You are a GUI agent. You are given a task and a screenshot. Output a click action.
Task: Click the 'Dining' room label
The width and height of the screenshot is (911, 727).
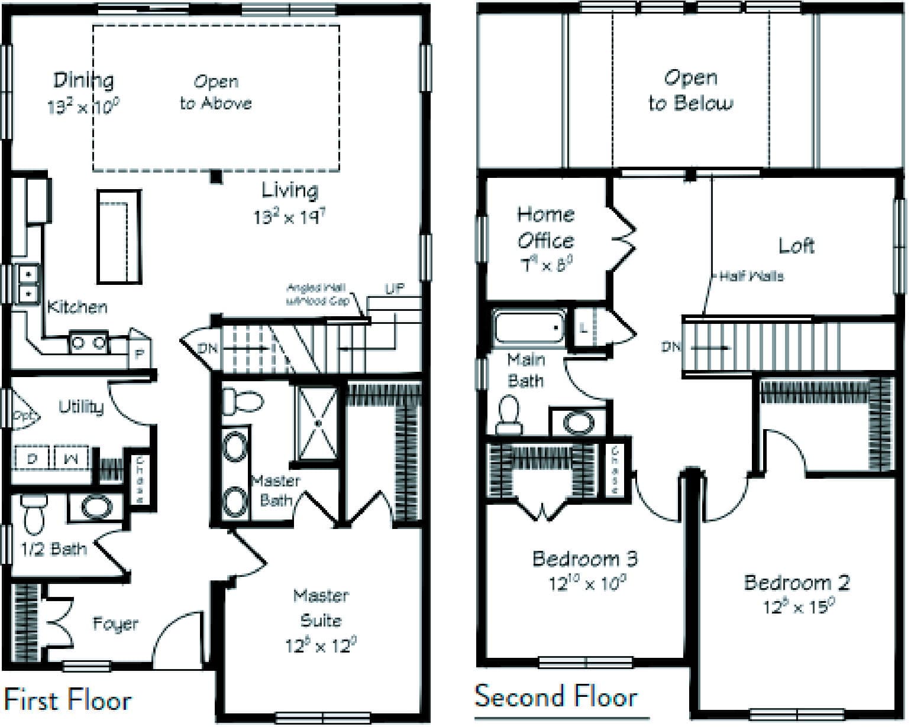83,80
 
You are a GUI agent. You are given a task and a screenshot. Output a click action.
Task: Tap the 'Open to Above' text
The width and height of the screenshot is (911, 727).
216,93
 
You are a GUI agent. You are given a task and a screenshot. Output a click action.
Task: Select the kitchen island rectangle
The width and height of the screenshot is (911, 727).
119,236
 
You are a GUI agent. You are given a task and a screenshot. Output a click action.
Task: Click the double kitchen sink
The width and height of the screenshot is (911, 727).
27,284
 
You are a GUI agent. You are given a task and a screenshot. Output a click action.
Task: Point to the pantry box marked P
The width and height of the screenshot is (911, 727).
140,354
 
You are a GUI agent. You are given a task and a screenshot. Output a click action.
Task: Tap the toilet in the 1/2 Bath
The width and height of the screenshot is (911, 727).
34,514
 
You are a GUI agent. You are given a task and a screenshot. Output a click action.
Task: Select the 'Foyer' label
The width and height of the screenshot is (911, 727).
115,624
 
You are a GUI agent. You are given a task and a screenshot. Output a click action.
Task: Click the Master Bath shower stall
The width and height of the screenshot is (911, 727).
318,423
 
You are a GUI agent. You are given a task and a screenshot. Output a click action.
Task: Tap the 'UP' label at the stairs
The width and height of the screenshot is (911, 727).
395,288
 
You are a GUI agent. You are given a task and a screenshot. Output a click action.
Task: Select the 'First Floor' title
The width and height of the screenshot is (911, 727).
68,701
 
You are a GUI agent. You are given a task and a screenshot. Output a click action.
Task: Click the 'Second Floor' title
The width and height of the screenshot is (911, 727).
556,696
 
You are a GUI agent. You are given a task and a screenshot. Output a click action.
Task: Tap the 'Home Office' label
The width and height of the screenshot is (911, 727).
545,228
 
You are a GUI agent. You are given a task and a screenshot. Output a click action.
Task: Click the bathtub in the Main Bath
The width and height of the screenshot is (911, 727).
529,328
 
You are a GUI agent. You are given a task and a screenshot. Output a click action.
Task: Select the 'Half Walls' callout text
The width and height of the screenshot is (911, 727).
751,276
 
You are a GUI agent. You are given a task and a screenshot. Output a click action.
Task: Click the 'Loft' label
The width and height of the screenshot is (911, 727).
796,245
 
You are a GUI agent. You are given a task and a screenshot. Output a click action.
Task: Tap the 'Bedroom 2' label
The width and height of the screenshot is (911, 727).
797,583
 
